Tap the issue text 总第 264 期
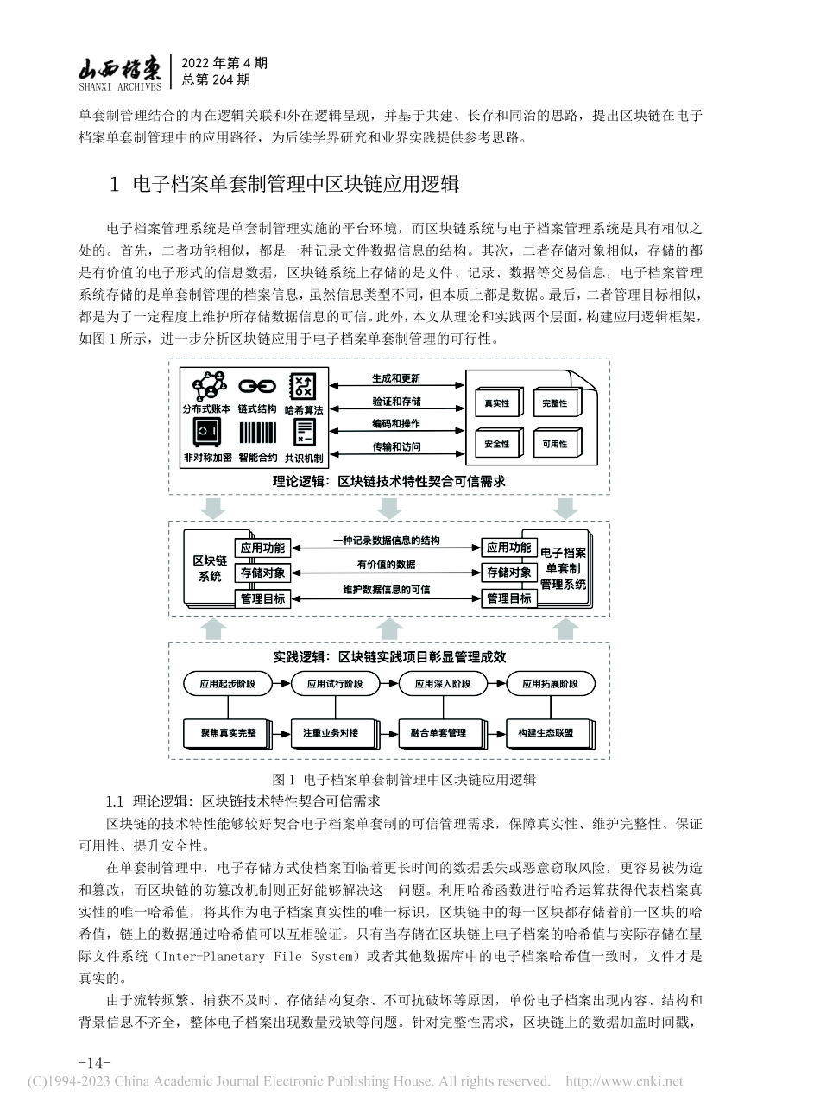217,80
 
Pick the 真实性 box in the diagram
496,403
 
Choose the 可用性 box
555,444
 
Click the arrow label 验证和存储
396,402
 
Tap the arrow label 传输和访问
396,447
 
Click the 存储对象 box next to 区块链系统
263,573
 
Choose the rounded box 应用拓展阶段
549,684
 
